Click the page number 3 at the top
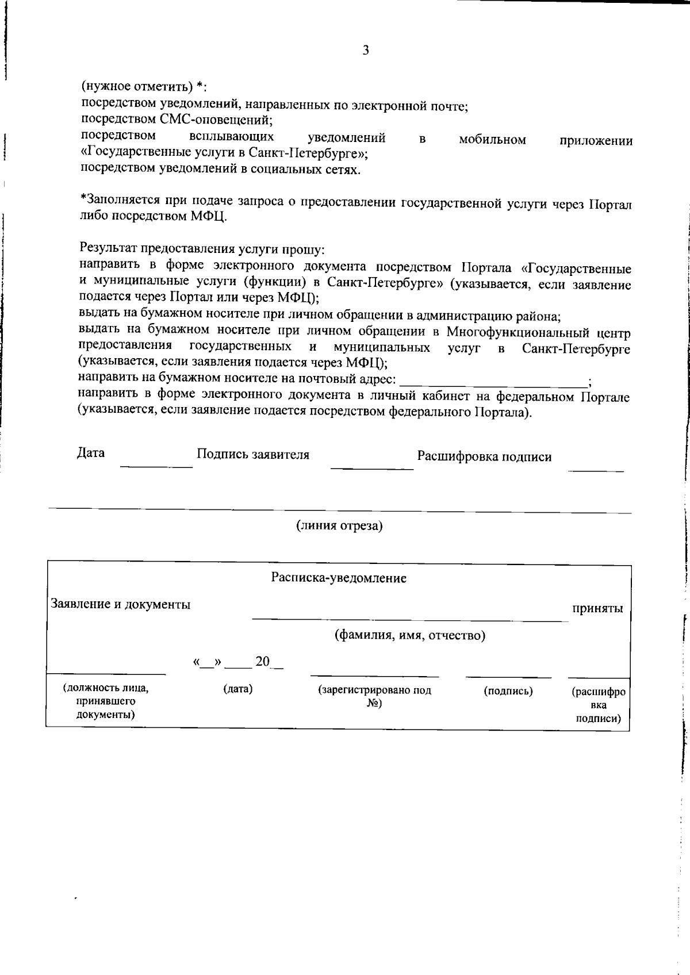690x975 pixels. pos(366,50)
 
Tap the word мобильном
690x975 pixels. pos(492,139)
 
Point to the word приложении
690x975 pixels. pos(596,141)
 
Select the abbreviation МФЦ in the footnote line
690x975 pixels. pos(208,217)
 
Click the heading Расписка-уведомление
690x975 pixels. pos(339,578)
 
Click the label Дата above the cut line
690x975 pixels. pos(91,453)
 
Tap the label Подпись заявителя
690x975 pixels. pos(253,455)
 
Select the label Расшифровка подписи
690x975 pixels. pos(484,456)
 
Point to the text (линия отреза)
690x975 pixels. pos(339,525)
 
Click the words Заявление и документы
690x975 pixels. pos(121,604)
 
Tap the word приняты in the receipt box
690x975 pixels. pos(597,608)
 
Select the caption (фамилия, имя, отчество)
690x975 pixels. pos(410,635)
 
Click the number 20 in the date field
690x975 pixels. pos(262,661)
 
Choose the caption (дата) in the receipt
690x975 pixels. pos(237,689)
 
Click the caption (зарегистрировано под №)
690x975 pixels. pos(375,697)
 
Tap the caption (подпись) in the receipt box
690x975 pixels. pos(508,691)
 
